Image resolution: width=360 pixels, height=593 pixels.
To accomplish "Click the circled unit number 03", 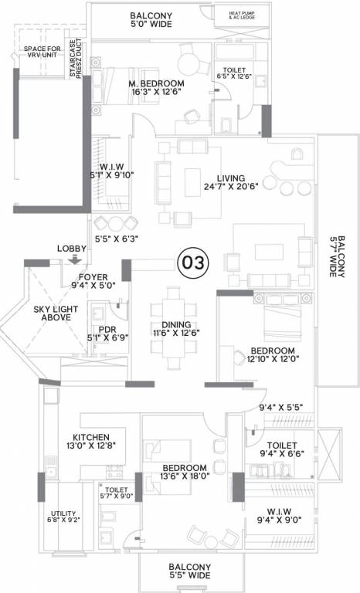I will [192, 263].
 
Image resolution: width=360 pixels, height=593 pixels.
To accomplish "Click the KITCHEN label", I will [90, 437].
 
